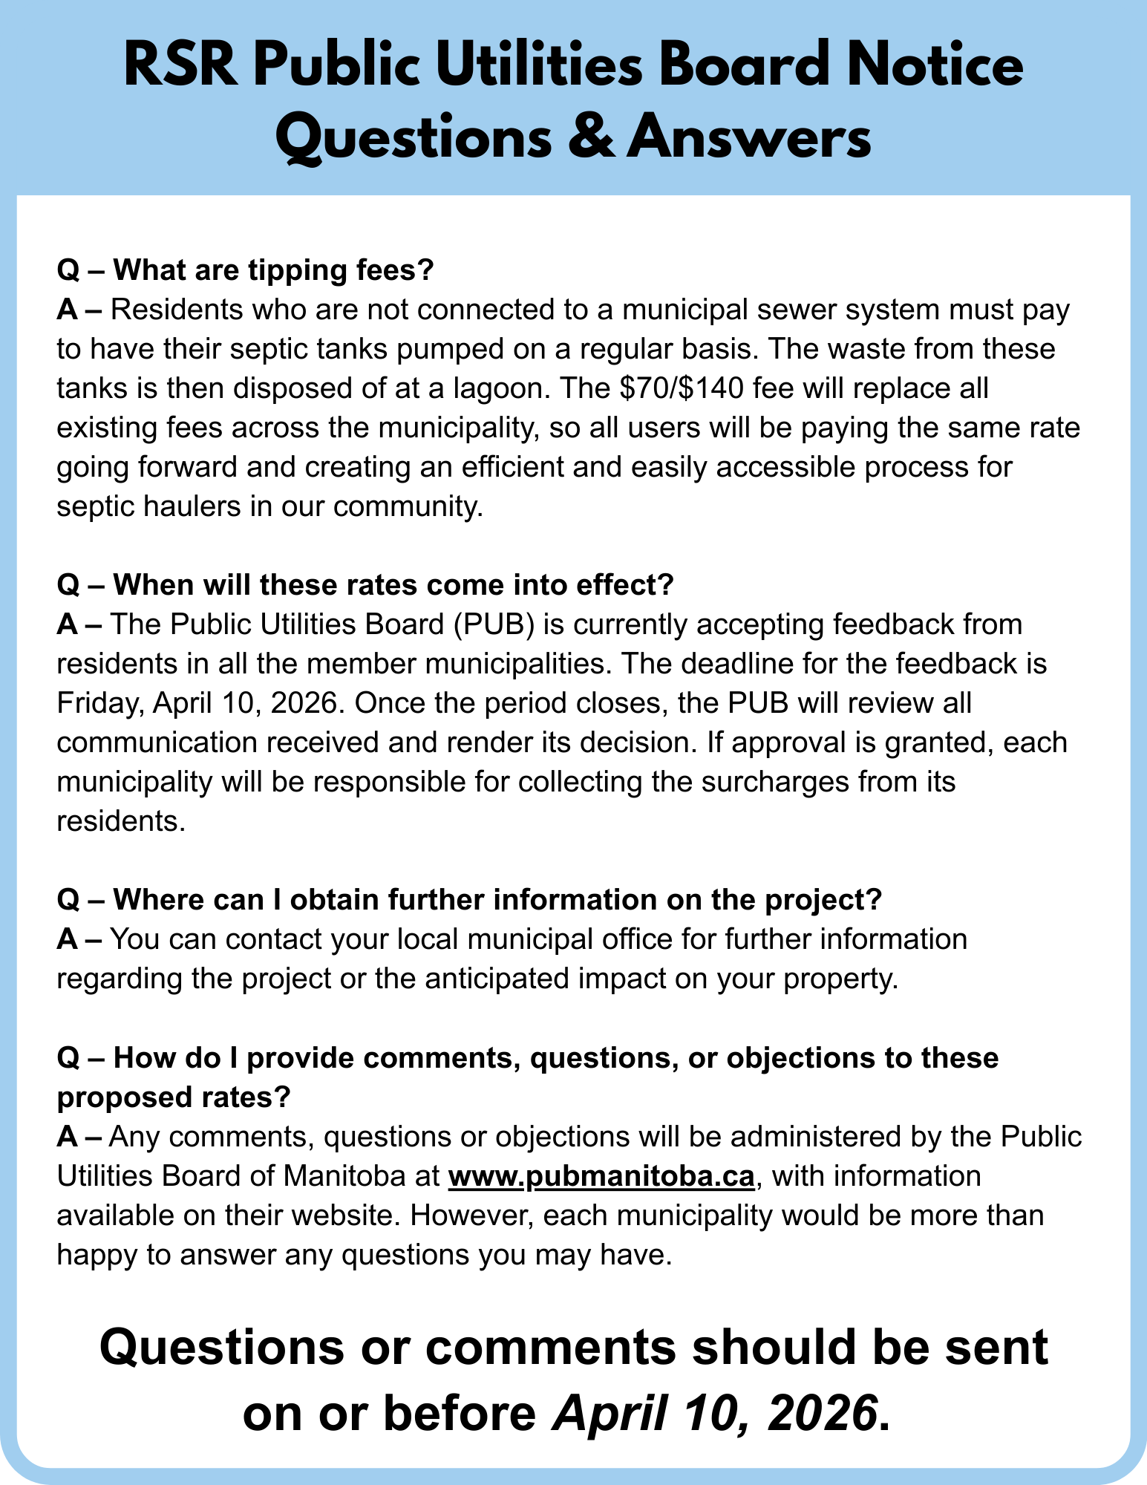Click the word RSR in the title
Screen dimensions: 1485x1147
tap(181, 68)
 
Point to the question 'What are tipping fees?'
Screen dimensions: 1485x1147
tap(245, 270)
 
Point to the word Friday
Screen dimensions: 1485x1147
tap(99, 703)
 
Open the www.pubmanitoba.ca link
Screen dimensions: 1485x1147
tap(602, 1176)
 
